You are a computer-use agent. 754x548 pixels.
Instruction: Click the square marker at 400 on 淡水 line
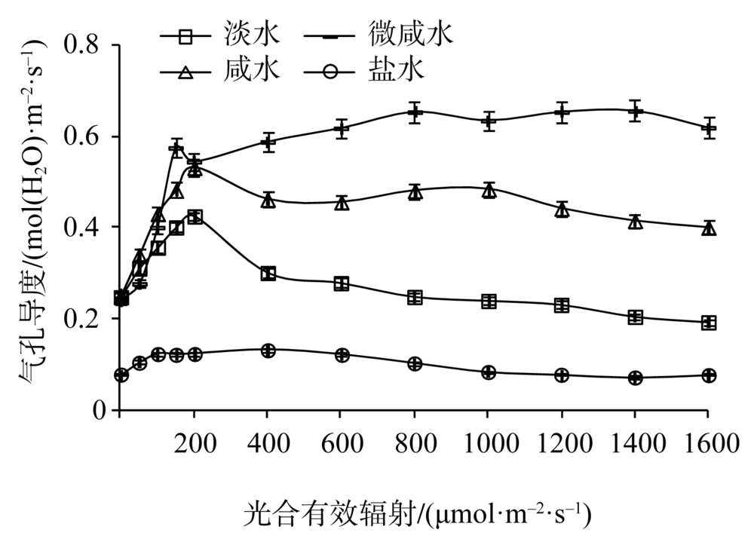(x=268, y=273)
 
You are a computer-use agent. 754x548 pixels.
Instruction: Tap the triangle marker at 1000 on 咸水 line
(x=489, y=190)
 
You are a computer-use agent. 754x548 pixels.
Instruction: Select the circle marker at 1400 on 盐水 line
(x=635, y=378)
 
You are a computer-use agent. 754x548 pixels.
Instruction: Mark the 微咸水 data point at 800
(x=414, y=113)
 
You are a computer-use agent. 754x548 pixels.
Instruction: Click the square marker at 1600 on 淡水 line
(x=708, y=323)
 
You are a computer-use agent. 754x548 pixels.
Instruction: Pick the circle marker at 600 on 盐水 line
(x=342, y=355)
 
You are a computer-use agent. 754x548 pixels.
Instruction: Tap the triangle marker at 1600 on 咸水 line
(x=708, y=228)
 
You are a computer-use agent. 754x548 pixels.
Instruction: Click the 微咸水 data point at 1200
(x=561, y=112)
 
